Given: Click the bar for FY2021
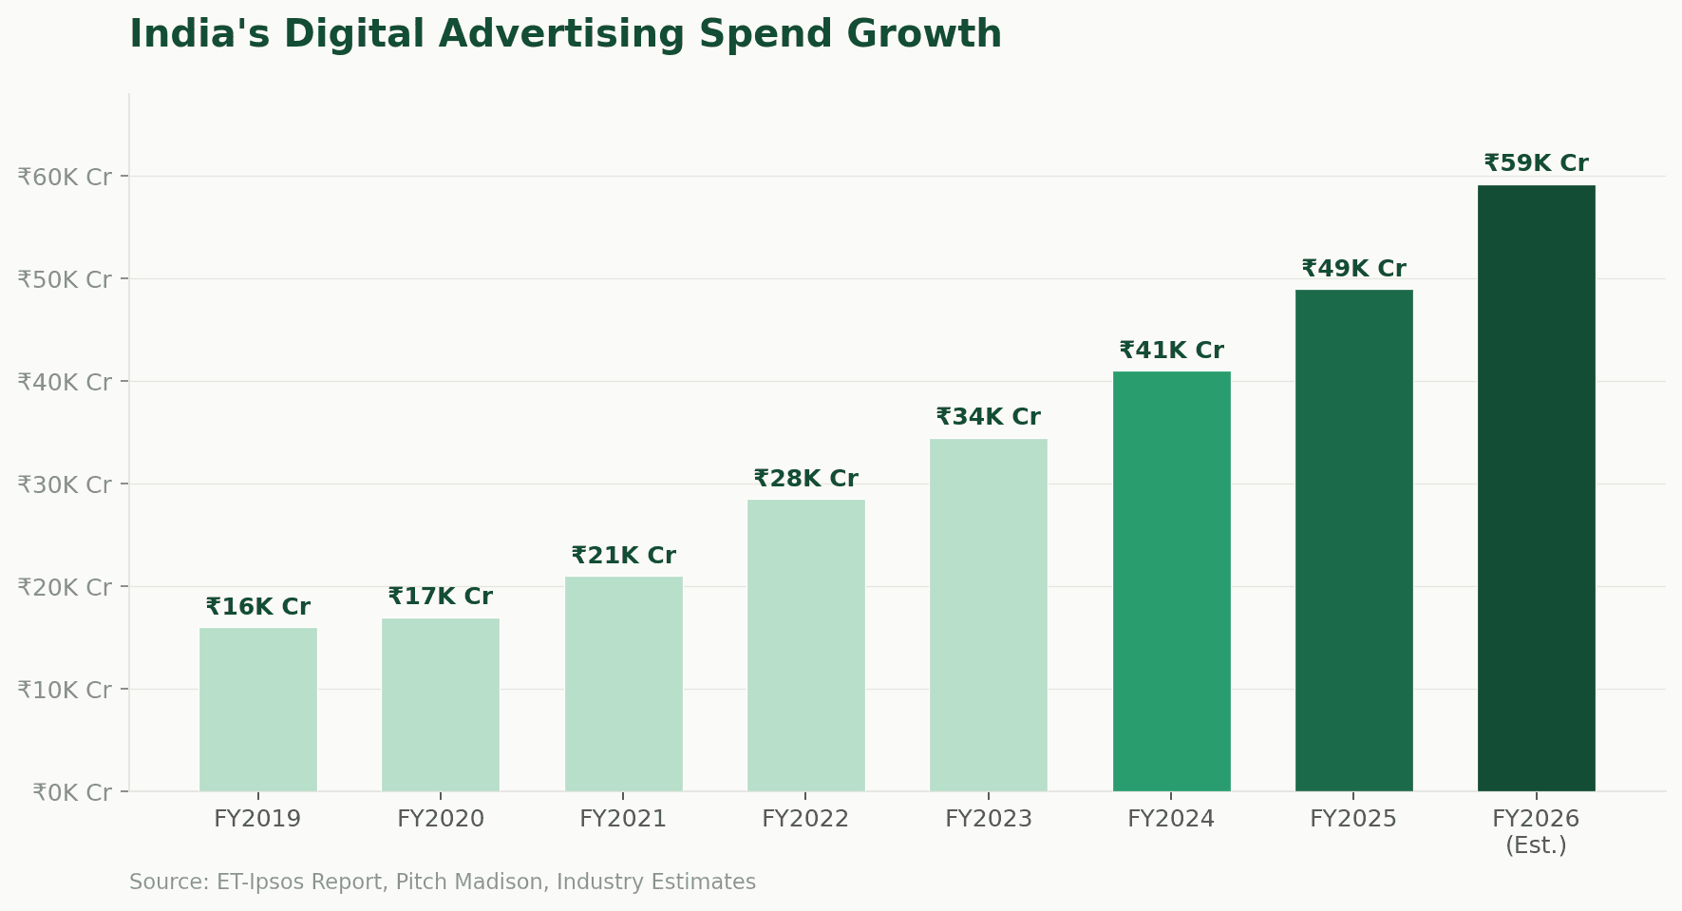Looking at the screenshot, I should (623, 683).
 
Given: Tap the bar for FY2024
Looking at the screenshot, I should (1171, 580).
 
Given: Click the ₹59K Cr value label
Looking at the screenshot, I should (1536, 163).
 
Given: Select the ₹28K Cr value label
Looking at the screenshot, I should (805, 479).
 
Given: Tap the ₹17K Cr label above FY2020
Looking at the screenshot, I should (440, 597).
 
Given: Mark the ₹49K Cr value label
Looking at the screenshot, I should (1353, 269).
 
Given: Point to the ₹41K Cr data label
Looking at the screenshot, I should (1171, 351).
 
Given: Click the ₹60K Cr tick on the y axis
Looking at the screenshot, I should (65, 177).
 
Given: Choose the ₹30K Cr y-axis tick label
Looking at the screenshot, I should (65, 484).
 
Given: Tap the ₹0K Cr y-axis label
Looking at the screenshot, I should (72, 792).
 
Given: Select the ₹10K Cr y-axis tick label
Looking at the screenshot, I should (65, 690).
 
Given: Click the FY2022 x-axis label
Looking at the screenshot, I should (805, 819).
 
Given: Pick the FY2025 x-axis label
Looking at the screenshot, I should (1353, 819).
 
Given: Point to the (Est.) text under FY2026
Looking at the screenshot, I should (1536, 845).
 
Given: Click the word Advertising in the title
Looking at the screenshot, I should (561, 35).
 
